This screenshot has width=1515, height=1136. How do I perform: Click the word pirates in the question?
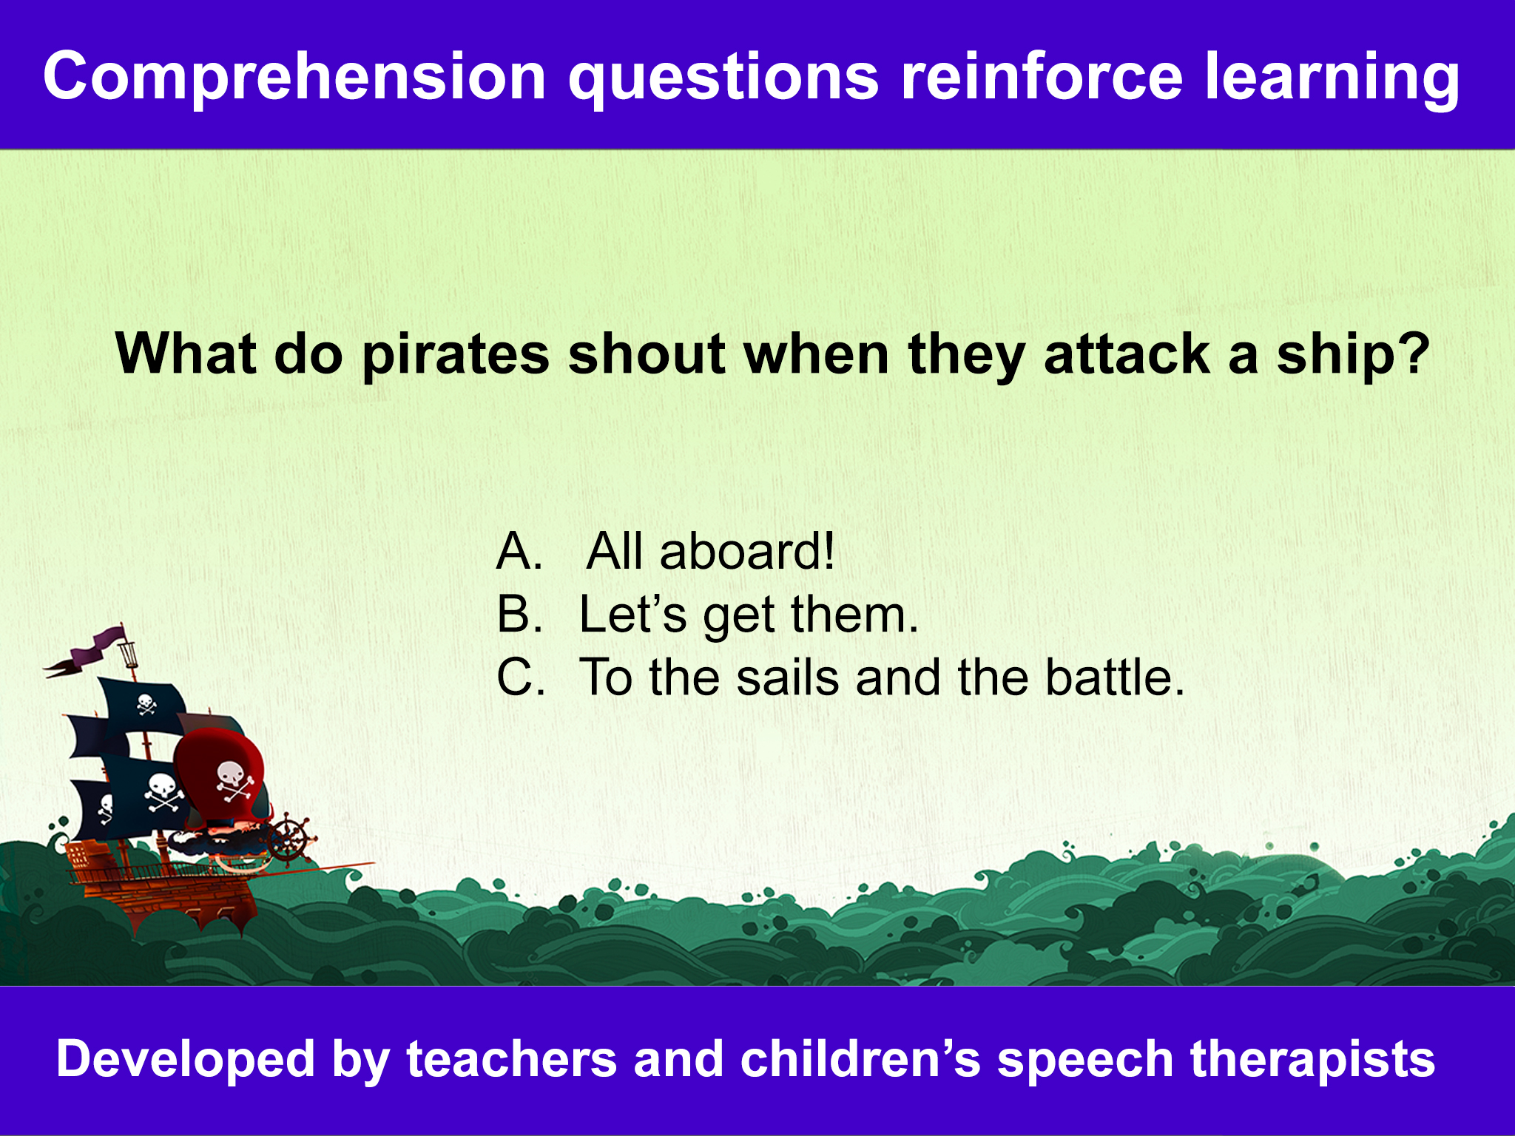click(455, 356)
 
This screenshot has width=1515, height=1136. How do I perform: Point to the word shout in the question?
click(647, 354)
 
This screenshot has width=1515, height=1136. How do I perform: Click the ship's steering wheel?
click(289, 839)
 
